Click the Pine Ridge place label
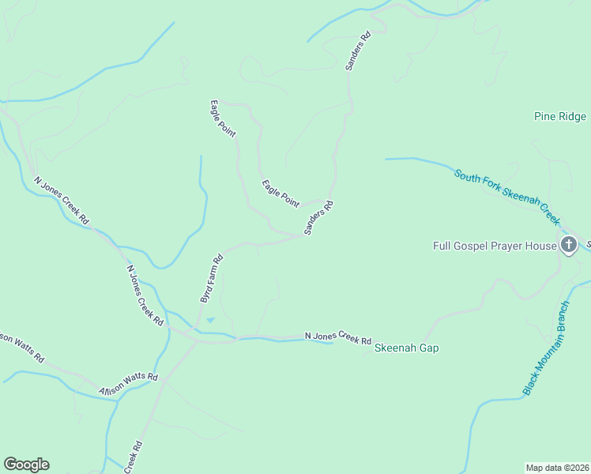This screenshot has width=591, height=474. pos(560,117)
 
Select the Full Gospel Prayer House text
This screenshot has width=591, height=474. pos(495,246)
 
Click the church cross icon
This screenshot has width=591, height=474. pos(568,245)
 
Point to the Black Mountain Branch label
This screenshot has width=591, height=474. pos(546,348)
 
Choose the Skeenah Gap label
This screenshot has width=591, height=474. pos(406,348)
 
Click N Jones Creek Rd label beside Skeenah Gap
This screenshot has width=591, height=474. pos(338,337)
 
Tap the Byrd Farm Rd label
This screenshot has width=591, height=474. pos(209,279)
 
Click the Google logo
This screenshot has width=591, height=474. pos(26,465)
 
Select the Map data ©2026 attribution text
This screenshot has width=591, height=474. pos(557,467)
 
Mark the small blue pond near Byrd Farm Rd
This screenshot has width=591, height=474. pos(209,320)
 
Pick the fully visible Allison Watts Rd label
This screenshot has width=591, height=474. pos(129,385)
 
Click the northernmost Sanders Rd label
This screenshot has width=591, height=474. pos(358,52)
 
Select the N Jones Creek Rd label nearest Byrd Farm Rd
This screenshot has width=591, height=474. pos(145,295)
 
